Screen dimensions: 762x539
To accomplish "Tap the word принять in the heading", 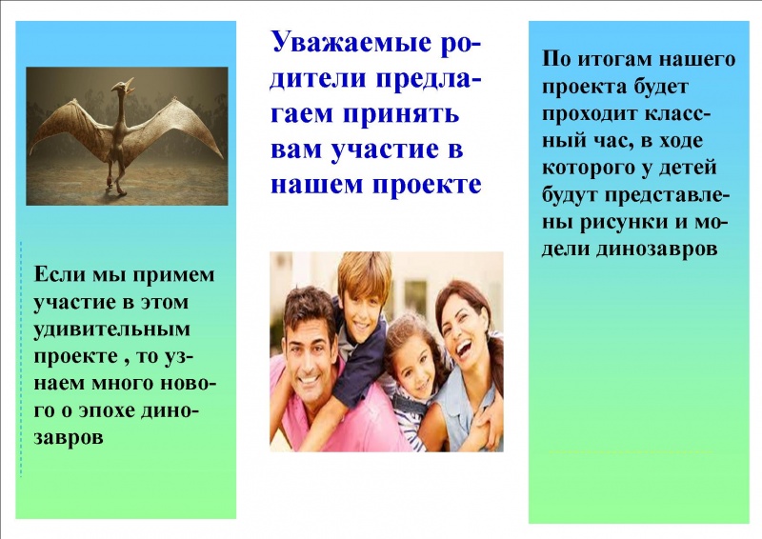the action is point(401,114).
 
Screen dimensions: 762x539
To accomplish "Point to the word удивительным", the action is point(111,330).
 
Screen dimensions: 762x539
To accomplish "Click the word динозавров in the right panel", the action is point(656,249).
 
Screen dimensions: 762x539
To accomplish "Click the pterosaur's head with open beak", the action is point(123,87).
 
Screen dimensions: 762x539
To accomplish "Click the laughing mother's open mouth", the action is point(463,349).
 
